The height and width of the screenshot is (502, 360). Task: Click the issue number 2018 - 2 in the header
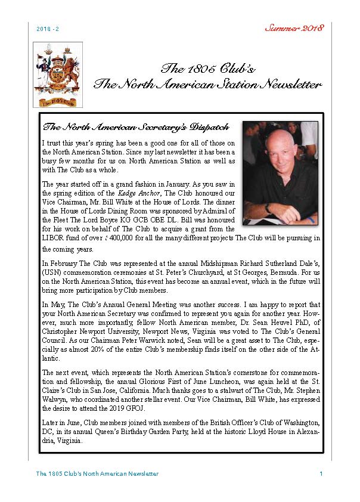point(47,29)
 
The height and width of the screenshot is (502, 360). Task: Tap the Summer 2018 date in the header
point(294,28)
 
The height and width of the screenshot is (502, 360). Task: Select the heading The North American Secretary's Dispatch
point(136,127)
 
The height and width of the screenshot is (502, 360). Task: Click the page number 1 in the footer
point(321,473)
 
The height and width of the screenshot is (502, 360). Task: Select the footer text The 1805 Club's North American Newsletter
point(97,473)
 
